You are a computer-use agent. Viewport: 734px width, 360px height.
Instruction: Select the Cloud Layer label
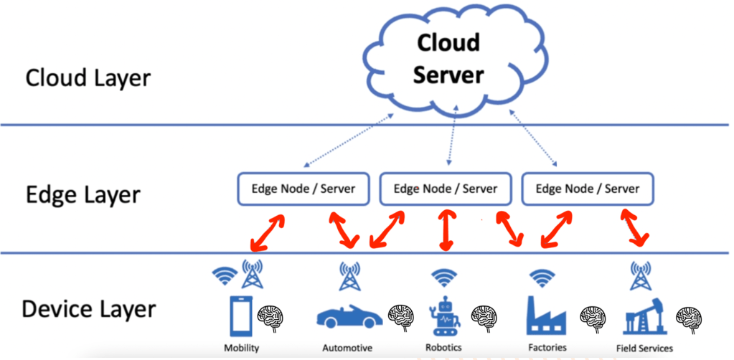coord(88,77)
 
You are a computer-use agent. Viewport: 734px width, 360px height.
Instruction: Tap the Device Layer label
coord(89,309)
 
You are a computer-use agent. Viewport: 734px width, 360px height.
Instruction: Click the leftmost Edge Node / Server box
coord(303,189)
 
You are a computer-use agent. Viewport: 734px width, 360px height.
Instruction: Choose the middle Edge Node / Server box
coord(446,189)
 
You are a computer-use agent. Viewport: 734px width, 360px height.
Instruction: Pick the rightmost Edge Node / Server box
coord(587,189)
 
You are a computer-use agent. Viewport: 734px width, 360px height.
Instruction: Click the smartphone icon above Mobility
coord(240,316)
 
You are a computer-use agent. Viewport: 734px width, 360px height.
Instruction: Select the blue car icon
coord(349,316)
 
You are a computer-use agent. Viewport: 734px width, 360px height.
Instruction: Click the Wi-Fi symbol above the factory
coord(542,276)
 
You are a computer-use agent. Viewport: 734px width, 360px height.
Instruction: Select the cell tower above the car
coord(349,276)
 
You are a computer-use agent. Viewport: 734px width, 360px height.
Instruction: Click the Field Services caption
coord(644,348)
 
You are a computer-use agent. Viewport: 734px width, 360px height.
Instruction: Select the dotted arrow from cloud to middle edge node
coord(450,141)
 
